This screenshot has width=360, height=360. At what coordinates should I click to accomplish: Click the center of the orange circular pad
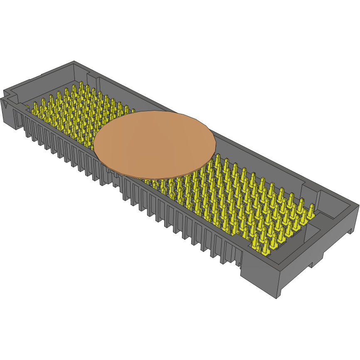pos(155,143)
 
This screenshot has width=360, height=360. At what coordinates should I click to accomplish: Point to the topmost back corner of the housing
pos(74,62)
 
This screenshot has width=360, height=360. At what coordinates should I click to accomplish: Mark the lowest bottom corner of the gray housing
pos(277,298)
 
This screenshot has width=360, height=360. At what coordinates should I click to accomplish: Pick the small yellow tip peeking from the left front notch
pos(27,108)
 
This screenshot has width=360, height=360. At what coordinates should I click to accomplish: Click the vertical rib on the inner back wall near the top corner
pos(88,76)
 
